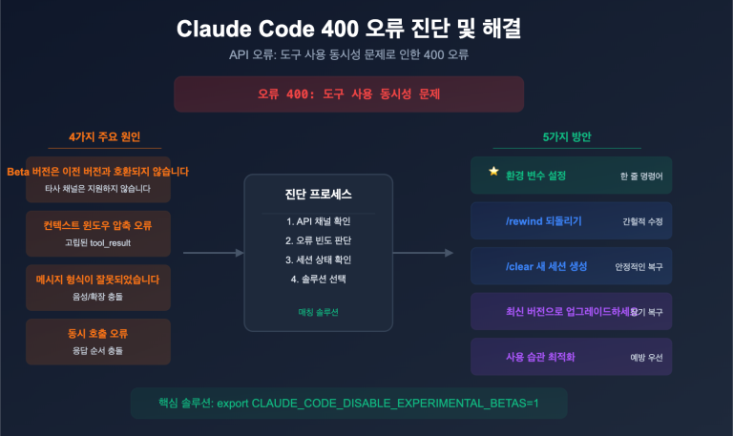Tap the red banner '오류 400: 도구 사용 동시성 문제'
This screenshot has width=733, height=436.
(348, 94)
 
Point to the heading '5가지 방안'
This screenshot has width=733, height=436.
(566, 136)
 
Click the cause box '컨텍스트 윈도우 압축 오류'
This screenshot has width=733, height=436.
(98, 233)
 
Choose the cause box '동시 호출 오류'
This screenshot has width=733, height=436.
(98, 342)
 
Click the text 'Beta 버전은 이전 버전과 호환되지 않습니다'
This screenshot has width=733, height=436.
(98, 172)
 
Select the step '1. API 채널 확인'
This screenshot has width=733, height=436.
(318, 221)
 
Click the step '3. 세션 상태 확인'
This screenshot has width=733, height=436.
(318, 260)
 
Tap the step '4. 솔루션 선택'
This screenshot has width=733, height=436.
(318, 279)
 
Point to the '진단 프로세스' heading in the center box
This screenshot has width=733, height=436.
(318, 195)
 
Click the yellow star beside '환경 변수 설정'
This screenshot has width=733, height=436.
(493, 172)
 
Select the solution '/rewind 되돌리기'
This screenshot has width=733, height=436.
(543, 221)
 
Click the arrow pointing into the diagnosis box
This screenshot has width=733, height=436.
(213, 253)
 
